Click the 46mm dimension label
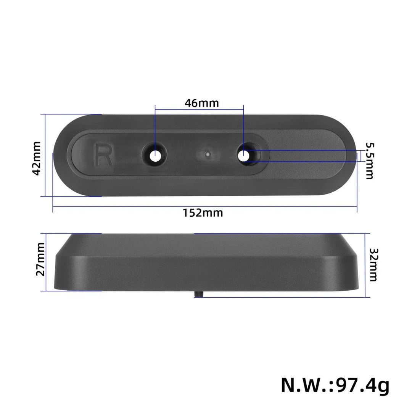[201, 103]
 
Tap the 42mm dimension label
[37, 158]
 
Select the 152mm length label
[202, 212]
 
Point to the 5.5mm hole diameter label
[369, 161]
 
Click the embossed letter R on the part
[103, 154]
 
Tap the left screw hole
[155, 156]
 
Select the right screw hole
[244, 155]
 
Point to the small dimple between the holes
[206, 154]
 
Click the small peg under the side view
[198, 293]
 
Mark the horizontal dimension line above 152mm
[205, 206]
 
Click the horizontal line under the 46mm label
[199, 111]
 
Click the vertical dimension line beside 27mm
[46, 262]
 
